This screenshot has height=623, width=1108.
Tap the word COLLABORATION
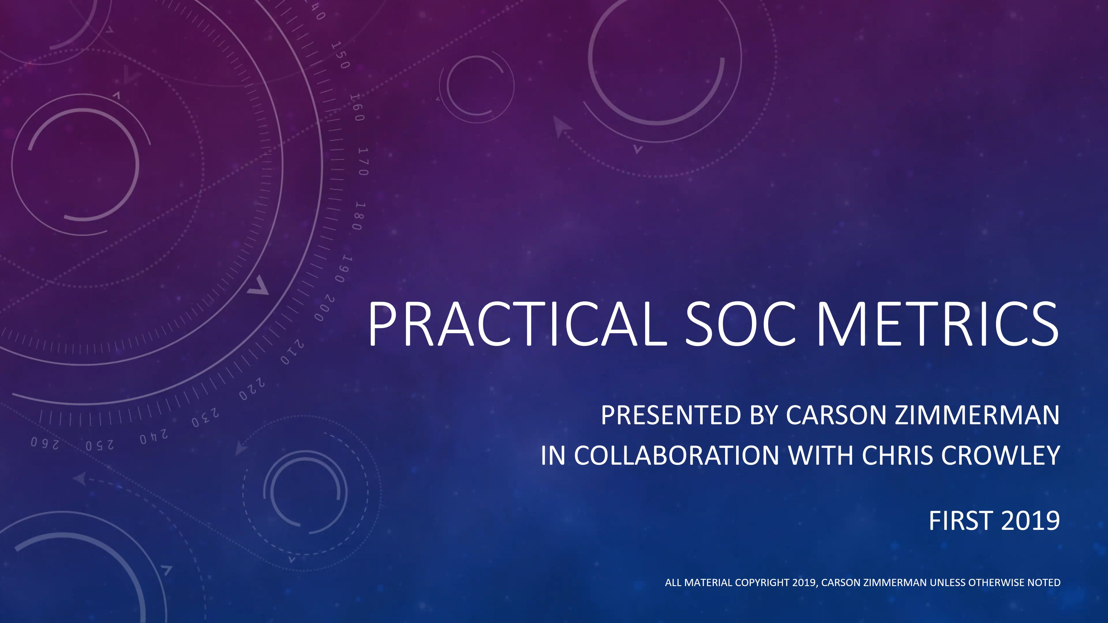[677, 455]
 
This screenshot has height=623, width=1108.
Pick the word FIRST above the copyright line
[962, 521]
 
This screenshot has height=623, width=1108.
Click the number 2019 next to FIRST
[1031, 521]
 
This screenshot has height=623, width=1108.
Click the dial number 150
[341, 55]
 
